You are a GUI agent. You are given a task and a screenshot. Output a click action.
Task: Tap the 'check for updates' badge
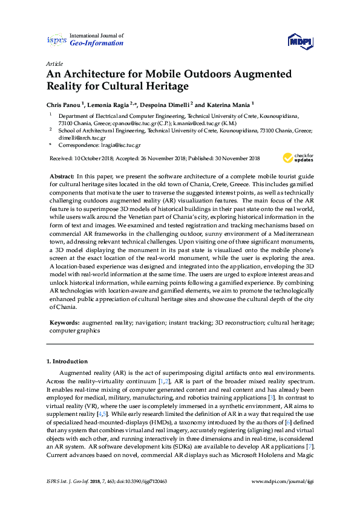tap(298, 158)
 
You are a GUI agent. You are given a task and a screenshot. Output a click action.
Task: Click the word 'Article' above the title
tap(54, 63)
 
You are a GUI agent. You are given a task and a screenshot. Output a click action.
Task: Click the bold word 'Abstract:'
tap(62, 174)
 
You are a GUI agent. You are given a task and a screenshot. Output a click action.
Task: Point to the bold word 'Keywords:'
tap(64, 323)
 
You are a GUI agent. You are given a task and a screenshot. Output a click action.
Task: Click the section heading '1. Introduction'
tap(67, 361)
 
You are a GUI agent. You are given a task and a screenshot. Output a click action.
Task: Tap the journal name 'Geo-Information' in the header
tap(97, 43)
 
